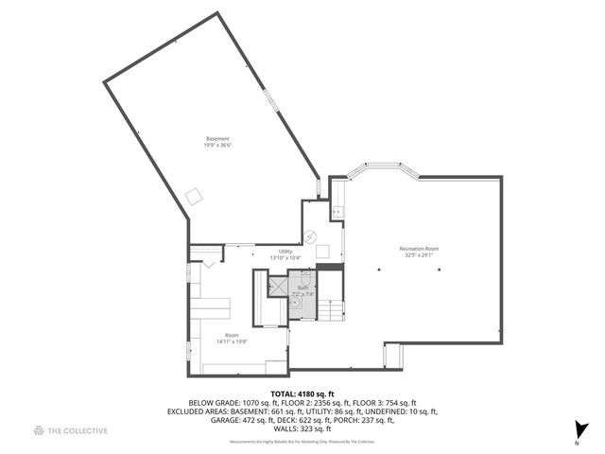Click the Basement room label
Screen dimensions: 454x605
(217, 138)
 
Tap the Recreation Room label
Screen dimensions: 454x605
(418, 249)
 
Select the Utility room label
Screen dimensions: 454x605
(285, 252)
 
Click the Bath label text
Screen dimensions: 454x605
(302, 288)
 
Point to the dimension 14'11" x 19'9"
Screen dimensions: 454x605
(232, 340)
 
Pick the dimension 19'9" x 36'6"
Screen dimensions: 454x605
(217, 145)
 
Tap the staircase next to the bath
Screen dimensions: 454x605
(329, 309)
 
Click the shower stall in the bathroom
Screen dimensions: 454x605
(278, 286)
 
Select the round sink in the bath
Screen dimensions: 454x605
(295, 306)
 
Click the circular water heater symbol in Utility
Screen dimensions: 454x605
(309, 236)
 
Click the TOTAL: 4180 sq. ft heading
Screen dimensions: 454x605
(302, 393)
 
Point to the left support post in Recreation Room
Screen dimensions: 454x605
(379, 270)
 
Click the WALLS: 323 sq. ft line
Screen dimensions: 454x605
(302, 429)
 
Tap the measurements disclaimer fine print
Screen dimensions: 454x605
(302, 442)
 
